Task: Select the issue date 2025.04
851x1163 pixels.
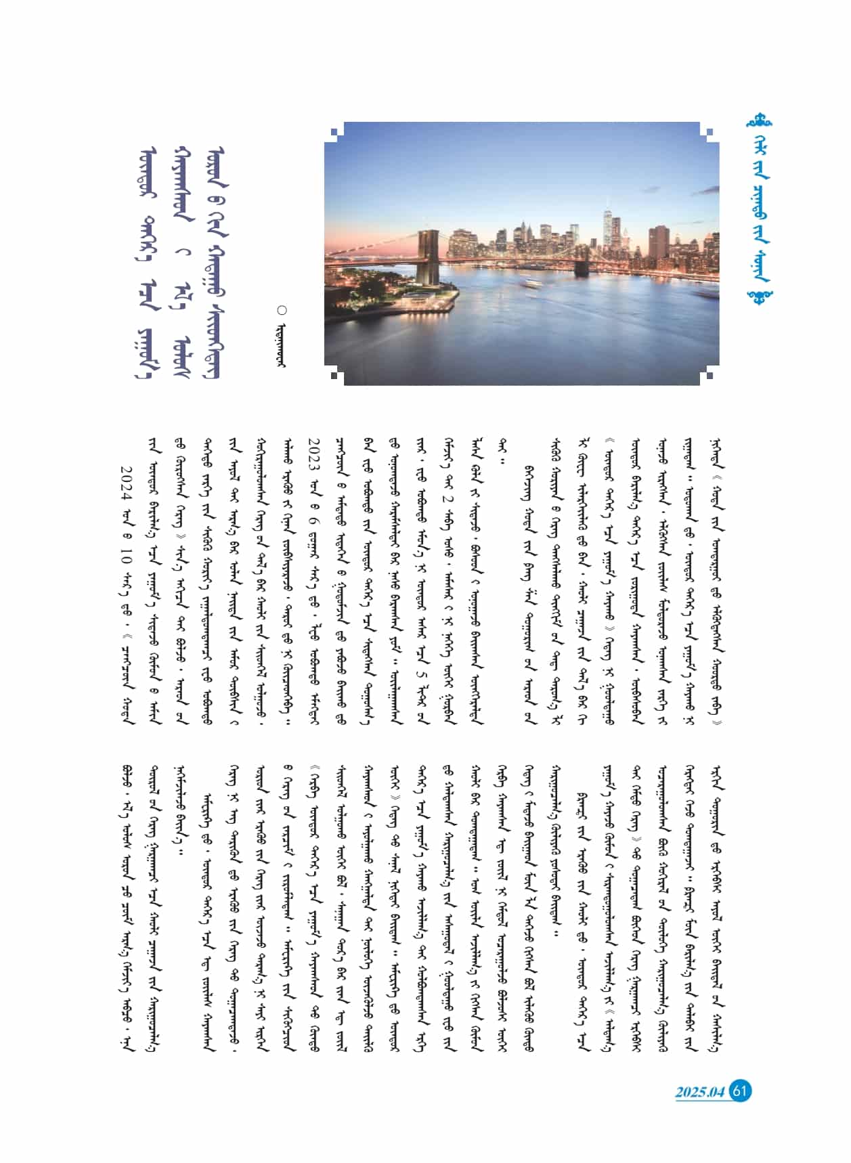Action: coord(699,1092)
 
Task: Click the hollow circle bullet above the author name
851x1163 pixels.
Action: coord(282,310)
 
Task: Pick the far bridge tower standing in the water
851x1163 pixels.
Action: coord(582,261)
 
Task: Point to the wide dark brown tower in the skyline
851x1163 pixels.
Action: coord(658,244)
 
